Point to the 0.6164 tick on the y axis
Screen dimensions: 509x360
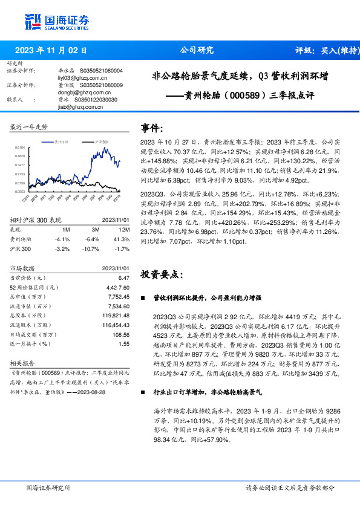(x=19, y=147)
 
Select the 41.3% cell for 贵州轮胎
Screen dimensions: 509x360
(x=123, y=239)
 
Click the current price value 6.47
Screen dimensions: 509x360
(x=124, y=277)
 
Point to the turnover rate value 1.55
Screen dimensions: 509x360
(x=124, y=344)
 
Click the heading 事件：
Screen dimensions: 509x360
(x=152, y=128)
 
